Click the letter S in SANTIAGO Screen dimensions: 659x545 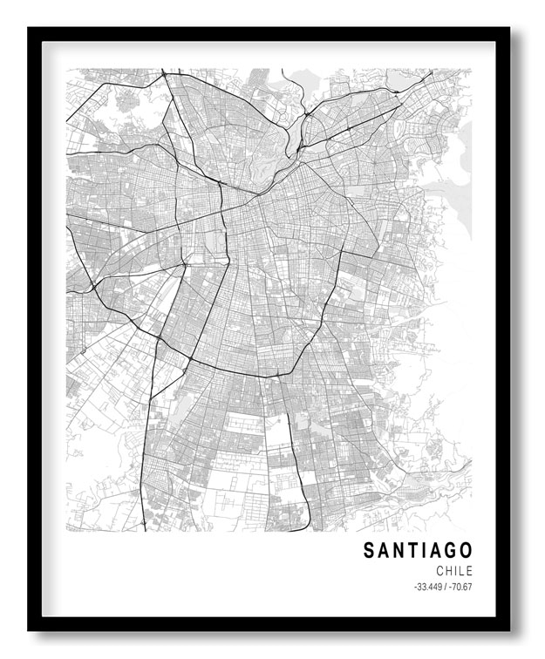[x=369, y=550]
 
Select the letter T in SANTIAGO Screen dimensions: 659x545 [x=415, y=550]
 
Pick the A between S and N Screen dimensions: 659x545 [x=385, y=550]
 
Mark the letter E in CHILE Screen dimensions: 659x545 [x=470, y=570]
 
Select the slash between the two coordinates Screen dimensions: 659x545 [x=446, y=586]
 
